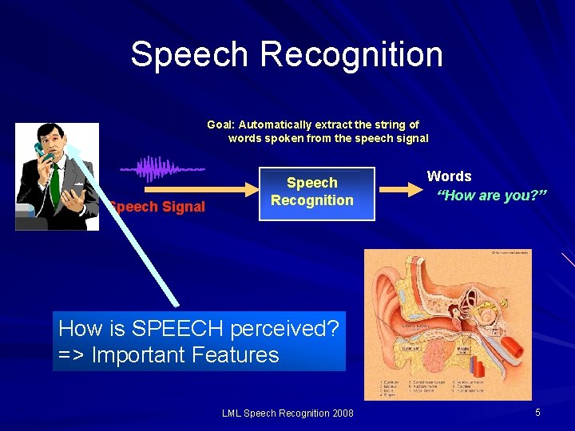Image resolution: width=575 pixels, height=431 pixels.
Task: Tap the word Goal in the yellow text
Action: tap(220, 125)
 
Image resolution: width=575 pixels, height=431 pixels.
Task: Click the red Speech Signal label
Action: tap(158, 207)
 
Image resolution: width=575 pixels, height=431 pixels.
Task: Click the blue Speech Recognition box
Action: tap(311, 192)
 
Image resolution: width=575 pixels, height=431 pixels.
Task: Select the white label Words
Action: tap(449, 176)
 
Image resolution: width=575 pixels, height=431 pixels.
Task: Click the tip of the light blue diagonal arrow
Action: tap(69, 150)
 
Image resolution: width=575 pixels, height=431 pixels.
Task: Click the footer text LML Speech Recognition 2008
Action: tap(287, 413)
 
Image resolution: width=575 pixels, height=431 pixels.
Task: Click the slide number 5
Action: tap(537, 412)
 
